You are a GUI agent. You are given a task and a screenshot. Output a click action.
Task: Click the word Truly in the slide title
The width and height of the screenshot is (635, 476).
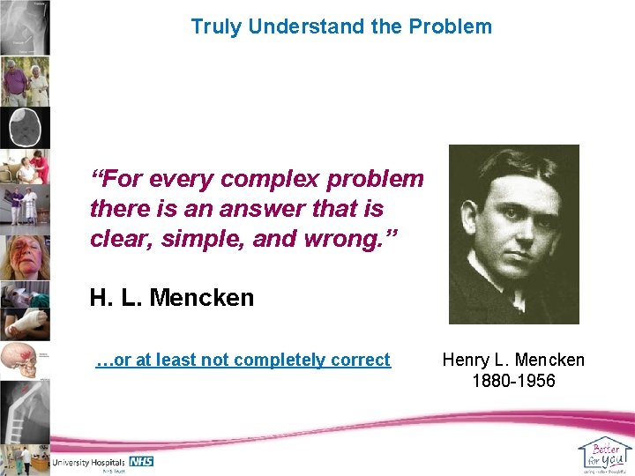(x=216, y=26)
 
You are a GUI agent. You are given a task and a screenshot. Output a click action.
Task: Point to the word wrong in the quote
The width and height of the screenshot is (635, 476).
(x=342, y=240)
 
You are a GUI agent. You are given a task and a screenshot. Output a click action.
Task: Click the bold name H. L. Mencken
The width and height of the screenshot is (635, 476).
(x=171, y=298)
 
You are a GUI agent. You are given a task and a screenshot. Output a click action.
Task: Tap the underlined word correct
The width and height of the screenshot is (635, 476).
(x=361, y=360)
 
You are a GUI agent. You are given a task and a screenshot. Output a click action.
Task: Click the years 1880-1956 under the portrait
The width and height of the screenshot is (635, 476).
(x=512, y=381)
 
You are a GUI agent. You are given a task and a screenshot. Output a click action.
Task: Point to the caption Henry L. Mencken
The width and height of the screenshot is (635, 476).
(x=512, y=360)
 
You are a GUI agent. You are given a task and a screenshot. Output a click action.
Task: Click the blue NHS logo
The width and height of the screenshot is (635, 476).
(x=141, y=461)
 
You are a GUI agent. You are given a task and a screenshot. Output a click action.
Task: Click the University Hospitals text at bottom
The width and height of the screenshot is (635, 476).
(x=89, y=462)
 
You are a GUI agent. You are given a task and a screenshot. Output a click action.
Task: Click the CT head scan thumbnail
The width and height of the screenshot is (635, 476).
(x=25, y=128)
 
